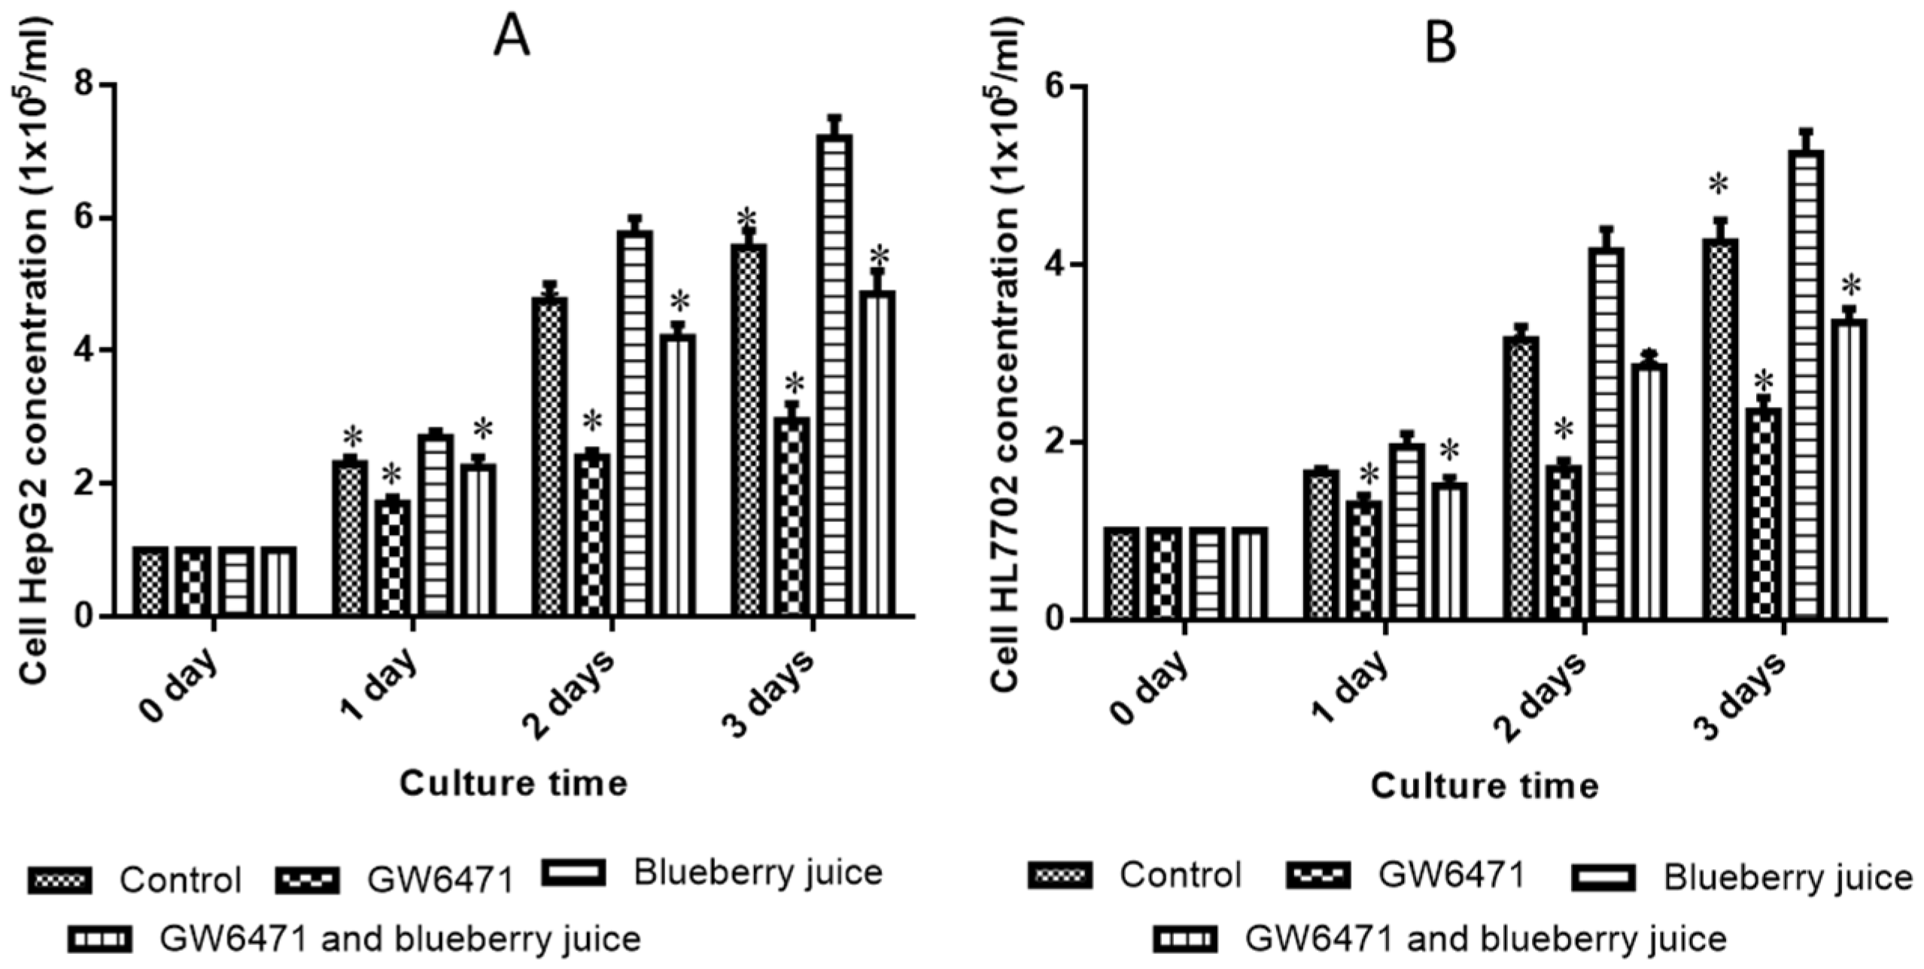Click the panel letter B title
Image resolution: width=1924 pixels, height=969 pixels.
pyautogui.click(x=1440, y=44)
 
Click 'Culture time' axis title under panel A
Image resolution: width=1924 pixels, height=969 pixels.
pyautogui.click(x=513, y=783)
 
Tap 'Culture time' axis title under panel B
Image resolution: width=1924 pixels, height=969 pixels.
pyautogui.click(x=1484, y=786)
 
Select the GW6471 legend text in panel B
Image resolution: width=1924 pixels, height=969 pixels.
pyautogui.click(x=1451, y=875)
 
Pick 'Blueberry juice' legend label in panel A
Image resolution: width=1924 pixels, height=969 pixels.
pyautogui.click(x=758, y=873)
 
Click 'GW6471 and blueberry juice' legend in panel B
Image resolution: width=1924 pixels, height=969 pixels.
pyautogui.click(x=1485, y=938)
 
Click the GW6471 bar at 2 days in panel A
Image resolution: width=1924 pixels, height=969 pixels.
pyautogui.click(x=592, y=534)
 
